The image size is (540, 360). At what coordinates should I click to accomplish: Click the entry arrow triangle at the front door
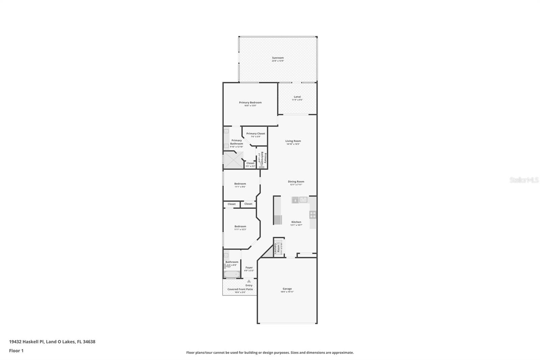(249, 281)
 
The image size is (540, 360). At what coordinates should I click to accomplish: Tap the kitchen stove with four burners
(313, 214)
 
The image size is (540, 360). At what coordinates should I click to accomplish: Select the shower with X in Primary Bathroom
(233, 160)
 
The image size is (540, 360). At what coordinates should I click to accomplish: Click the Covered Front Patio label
(240, 289)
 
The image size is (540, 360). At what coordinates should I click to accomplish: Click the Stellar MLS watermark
(524, 180)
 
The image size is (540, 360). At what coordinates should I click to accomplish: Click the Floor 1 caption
(16, 351)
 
